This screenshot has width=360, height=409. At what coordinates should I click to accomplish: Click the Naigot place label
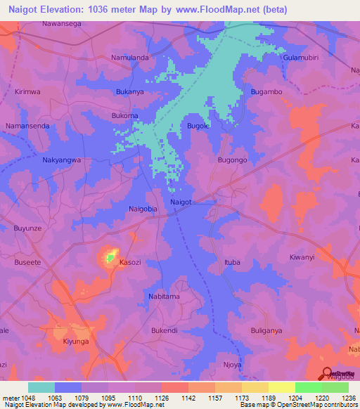click(181, 202)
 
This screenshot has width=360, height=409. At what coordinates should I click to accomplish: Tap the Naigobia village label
click(144, 209)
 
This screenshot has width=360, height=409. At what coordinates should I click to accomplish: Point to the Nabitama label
click(164, 297)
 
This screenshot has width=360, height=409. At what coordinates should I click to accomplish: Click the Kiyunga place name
click(76, 341)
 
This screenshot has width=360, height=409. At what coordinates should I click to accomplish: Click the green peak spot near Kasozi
click(110, 258)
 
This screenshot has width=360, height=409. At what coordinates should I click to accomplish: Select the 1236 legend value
click(349, 397)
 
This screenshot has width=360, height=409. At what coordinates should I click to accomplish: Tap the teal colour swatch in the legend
click(41, 387)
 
